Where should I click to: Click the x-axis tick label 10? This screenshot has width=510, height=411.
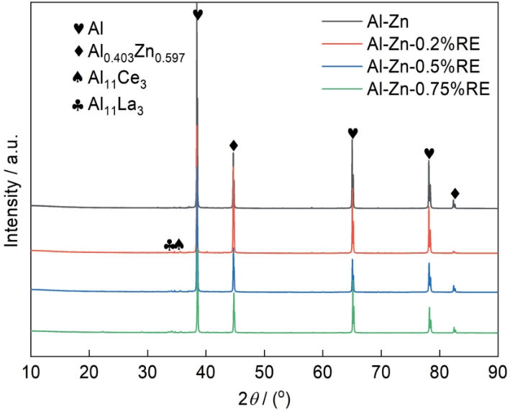pos(31,373)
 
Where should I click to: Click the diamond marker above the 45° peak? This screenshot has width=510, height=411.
pos(233,145)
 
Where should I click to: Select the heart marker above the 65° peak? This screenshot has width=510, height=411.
pos(352,133)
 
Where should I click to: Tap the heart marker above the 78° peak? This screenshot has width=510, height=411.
pos(429,152)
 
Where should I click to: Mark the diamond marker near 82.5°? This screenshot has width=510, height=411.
pos(455,193)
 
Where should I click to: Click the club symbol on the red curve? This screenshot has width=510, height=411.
pos(169,244)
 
